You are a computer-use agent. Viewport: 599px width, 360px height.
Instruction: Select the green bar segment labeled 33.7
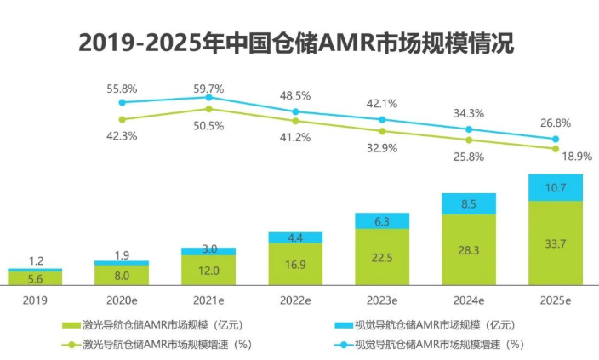click(555, 243)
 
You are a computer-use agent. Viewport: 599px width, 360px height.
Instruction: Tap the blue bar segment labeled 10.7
click(555, 187)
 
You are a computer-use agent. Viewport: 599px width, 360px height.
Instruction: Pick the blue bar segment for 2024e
click(468, 203)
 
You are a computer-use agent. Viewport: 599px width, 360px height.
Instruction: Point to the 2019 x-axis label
click(35, 300)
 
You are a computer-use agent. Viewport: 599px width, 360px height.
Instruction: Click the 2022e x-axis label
click(294, 300)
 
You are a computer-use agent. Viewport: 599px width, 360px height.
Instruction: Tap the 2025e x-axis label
click(555, 300)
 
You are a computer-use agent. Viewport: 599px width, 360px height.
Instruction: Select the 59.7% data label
click(208, 88)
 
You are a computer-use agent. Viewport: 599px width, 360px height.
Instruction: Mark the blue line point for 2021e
click(208, 98)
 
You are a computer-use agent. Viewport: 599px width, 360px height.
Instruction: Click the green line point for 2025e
click(555, 148)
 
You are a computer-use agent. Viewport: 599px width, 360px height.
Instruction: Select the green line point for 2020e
click(122, 119)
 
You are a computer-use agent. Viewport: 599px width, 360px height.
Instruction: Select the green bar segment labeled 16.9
click(294, 264)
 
